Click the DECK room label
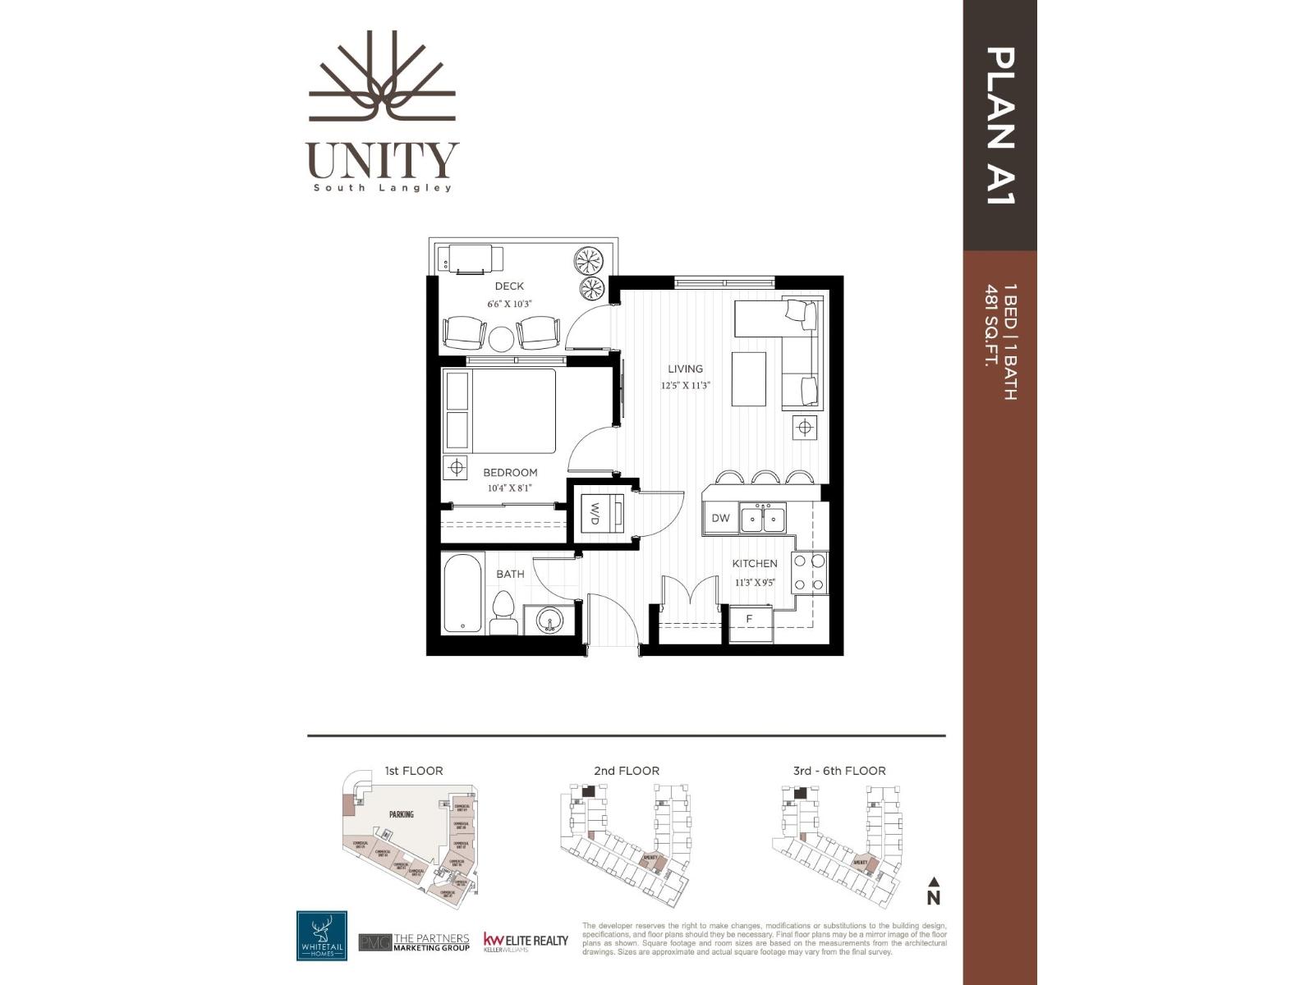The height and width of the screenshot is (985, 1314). tap(509, 286)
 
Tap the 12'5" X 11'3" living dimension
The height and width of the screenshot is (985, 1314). tap(685, 385)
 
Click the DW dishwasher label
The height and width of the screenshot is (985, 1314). tap(720, 518)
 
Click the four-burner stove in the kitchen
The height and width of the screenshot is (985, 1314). tap(808, 573)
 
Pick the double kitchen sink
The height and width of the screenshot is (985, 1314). tap(763, 519)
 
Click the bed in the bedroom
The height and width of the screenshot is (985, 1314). tap(501, 410)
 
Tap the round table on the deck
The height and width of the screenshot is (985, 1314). tap(500, 339)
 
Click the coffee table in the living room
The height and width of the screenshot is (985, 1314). tap(749, 378)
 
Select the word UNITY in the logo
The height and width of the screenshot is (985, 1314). tap(383, 160)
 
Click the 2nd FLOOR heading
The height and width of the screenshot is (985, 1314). tap(627, 771)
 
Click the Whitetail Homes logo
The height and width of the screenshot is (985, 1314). tap(321, 936)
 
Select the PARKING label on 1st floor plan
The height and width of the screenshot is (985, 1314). tap(402, 814)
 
